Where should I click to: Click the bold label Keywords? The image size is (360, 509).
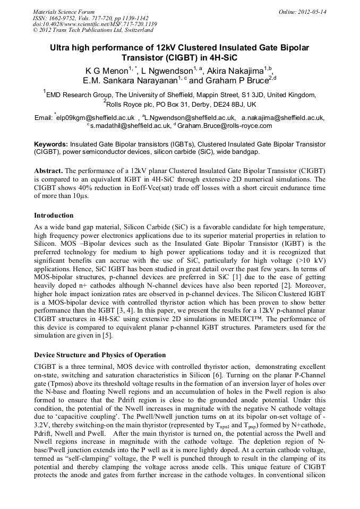click(x=51, y=144)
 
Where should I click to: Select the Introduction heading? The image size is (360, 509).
click(x=54, y=215)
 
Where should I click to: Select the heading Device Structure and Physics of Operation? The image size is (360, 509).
click(x=100, y=355)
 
